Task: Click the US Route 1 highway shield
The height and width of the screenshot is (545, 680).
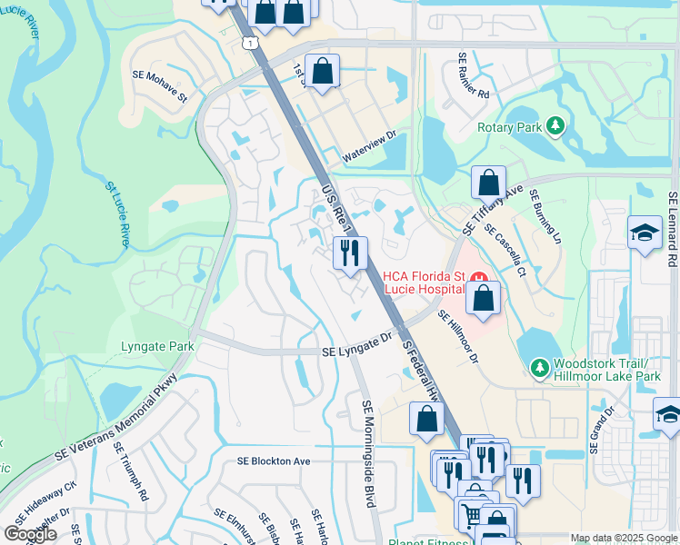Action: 249,43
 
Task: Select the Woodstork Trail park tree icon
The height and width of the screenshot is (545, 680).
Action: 538,368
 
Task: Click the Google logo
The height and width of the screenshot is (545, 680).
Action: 30,534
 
